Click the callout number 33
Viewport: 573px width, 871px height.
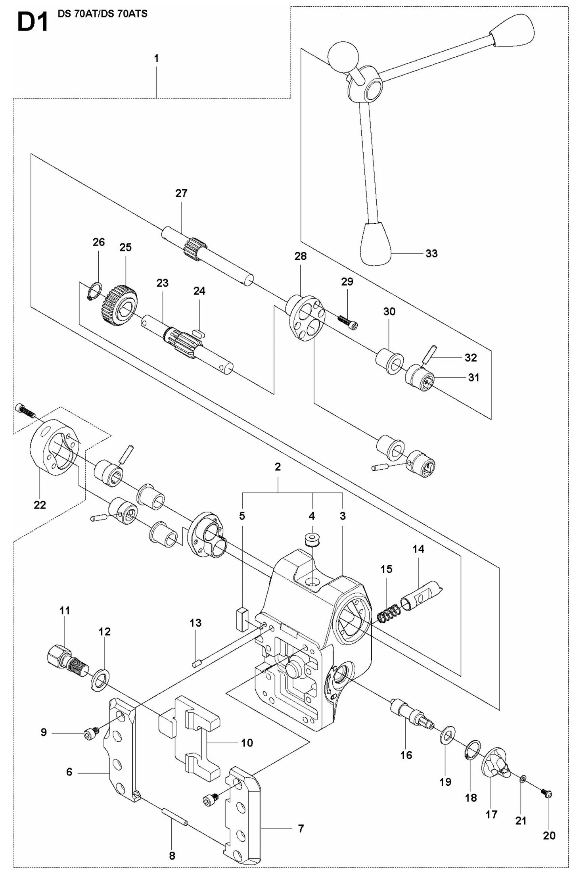[x=431, y=253]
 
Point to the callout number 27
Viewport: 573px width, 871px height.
[x=181, y=193]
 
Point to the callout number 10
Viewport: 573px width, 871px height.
[x=247, y=742]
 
